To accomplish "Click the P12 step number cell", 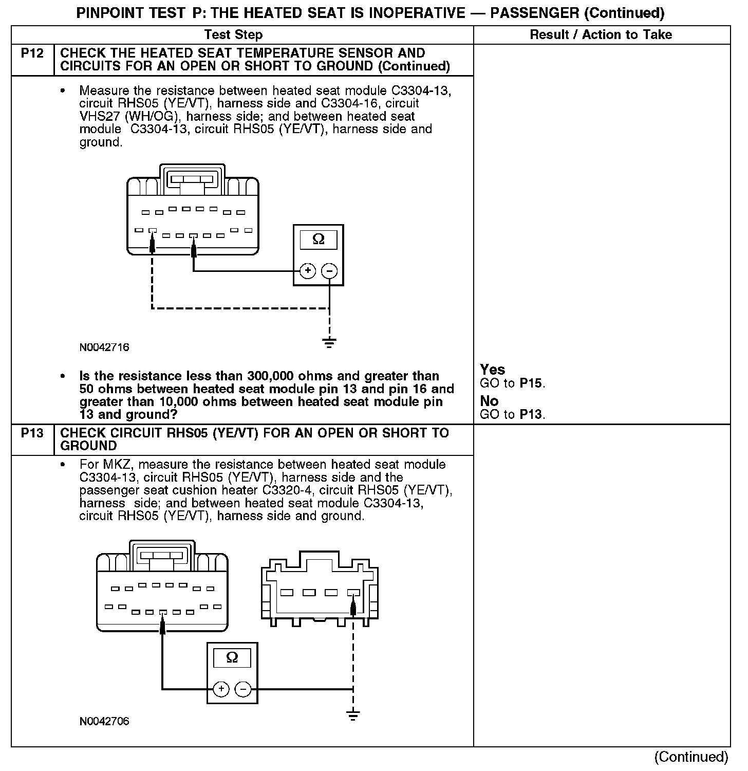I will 32,53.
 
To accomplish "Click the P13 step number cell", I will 32,433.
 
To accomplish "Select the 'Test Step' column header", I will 234,35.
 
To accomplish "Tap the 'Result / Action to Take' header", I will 601,35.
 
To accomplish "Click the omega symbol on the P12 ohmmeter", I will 319,240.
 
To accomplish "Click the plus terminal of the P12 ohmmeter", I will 307,271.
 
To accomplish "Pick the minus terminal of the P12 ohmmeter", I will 329,271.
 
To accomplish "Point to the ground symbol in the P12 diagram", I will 329,342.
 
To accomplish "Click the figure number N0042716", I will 104,347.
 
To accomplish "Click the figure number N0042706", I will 104,721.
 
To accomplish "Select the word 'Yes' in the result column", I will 492,370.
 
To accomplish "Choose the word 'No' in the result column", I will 489,401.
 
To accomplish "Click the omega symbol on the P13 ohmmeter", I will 232,658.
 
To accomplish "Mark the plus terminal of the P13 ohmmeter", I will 221,689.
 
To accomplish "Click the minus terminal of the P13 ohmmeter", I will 243,689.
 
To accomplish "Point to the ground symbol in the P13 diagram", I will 353,715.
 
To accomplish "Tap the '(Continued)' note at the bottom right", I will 691,757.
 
